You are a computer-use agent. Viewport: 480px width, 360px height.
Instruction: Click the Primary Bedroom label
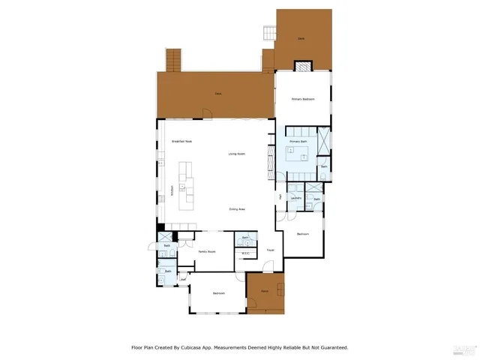pyautogui.click(x=303, y=99)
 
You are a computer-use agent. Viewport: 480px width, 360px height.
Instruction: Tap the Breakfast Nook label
pyautogui.click(x=182, y=141)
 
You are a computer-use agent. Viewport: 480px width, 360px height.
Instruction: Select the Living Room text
pyautogui.click(x=237, y=154)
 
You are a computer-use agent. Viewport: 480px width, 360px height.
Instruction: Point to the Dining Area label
pyautogui.click(x=237, y=208)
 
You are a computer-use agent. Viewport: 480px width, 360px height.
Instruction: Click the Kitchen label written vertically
pyautogui.click(x=172, y=191)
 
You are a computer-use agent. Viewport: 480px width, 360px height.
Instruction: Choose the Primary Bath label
pyautogui.click(x=299, y=141)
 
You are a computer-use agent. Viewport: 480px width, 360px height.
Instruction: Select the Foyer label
pyautogui.click(x=270, y=250)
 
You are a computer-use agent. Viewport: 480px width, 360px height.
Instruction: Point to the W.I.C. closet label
pyautogui.click(x=245, y=253)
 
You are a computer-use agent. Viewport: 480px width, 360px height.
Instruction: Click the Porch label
pyautogui.click(x=265, y=290)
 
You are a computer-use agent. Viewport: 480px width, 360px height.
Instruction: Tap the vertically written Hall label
pyautogui.click(x=280, y=196)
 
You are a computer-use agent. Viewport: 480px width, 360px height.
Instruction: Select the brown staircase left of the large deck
pyautogui.click(x=174, y=58)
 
